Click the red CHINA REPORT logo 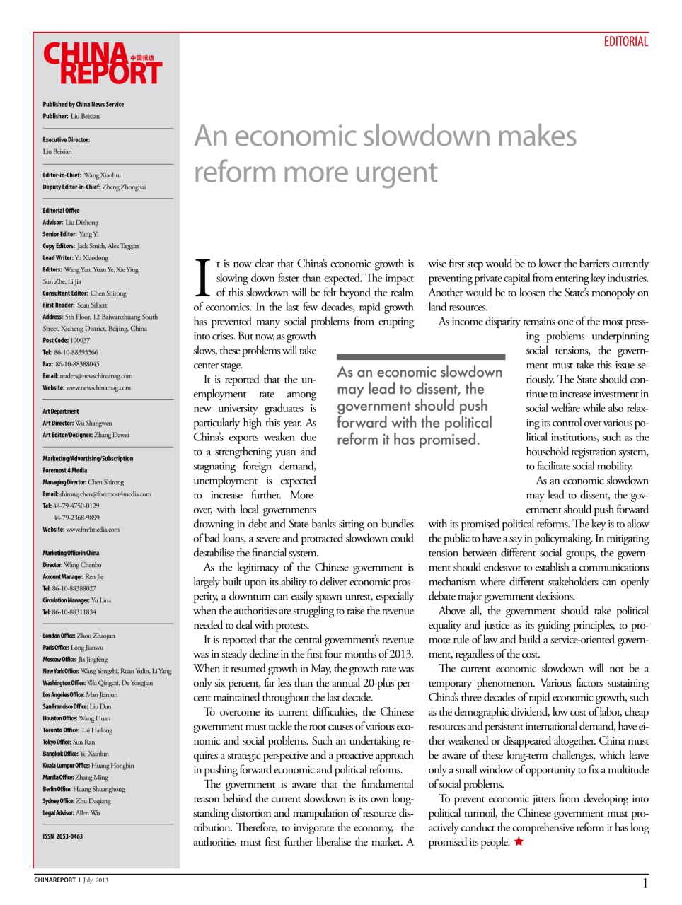pos(103,64)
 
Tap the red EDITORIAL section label pos(625,42)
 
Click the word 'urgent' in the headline pos(396,173)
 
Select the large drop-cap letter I pos(202,278)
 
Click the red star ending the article pos(519,841)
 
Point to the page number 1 pos(645,883)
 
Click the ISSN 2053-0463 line pos(62,836)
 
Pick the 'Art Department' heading pos(61,411)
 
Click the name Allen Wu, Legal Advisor pos(88,813)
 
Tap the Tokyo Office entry pos(69,742)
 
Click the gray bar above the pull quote pos(421,357)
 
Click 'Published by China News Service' pos(83,104)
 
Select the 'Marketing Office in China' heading pos(71,553)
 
